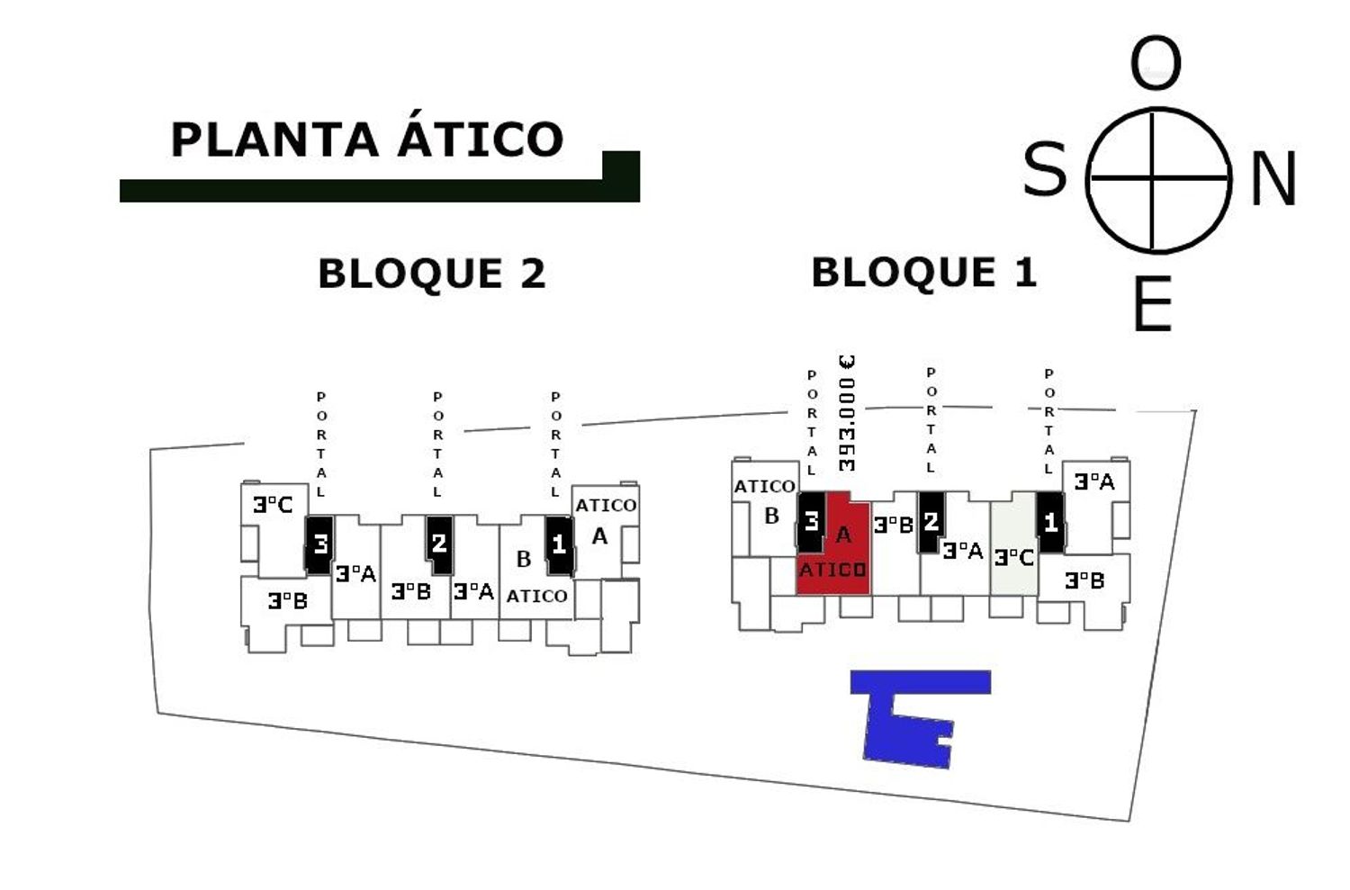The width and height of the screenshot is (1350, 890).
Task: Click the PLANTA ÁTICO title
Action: (366, 139)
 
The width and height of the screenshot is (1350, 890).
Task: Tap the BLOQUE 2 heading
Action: (432, 274)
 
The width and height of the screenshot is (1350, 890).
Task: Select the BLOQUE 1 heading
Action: (924, 272)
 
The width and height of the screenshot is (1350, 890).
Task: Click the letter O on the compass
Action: (1156, 64)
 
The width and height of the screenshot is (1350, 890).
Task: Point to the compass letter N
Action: (1273, 179)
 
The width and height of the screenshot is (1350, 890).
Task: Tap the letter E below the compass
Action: (1153, 304)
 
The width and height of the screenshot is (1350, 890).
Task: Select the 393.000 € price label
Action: (846, 413)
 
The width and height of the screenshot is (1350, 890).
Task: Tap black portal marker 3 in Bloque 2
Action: (319, 544)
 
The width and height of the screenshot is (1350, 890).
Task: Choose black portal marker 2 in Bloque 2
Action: (439, 544)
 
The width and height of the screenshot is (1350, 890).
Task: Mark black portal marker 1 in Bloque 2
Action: (559, 544)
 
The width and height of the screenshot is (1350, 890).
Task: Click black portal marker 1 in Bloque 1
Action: (1050, 523)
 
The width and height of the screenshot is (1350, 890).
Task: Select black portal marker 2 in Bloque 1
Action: (931, 522)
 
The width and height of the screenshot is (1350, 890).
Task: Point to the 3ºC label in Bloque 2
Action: (273, 505)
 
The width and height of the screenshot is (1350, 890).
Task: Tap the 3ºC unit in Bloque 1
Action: (1014, 557)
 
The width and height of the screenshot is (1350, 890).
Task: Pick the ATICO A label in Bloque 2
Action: (605, 519)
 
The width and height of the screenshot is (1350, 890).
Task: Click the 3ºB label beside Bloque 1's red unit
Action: (894, 525)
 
